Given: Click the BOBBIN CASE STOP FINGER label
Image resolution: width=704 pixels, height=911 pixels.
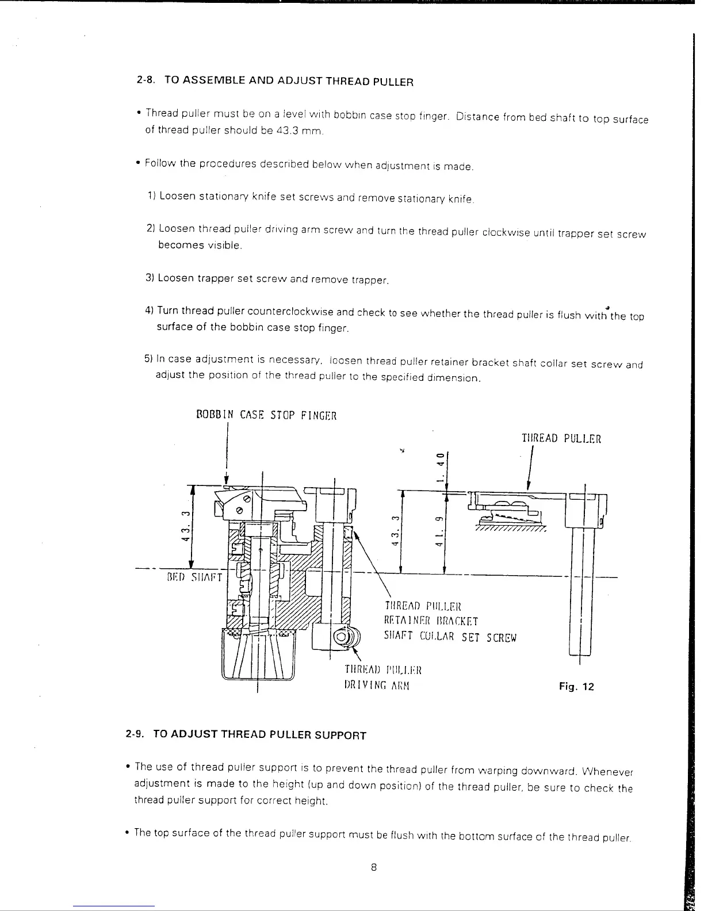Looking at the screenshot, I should click(266, 415).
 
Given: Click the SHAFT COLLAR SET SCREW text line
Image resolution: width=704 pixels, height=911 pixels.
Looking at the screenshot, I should click(450, 637).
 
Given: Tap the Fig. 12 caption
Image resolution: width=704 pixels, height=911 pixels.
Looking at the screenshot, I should click(576, 687).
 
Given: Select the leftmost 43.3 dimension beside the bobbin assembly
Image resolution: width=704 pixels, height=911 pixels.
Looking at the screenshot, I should click(184, 525).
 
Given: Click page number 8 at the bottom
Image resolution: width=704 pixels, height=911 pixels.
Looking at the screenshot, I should click(373, 868).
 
